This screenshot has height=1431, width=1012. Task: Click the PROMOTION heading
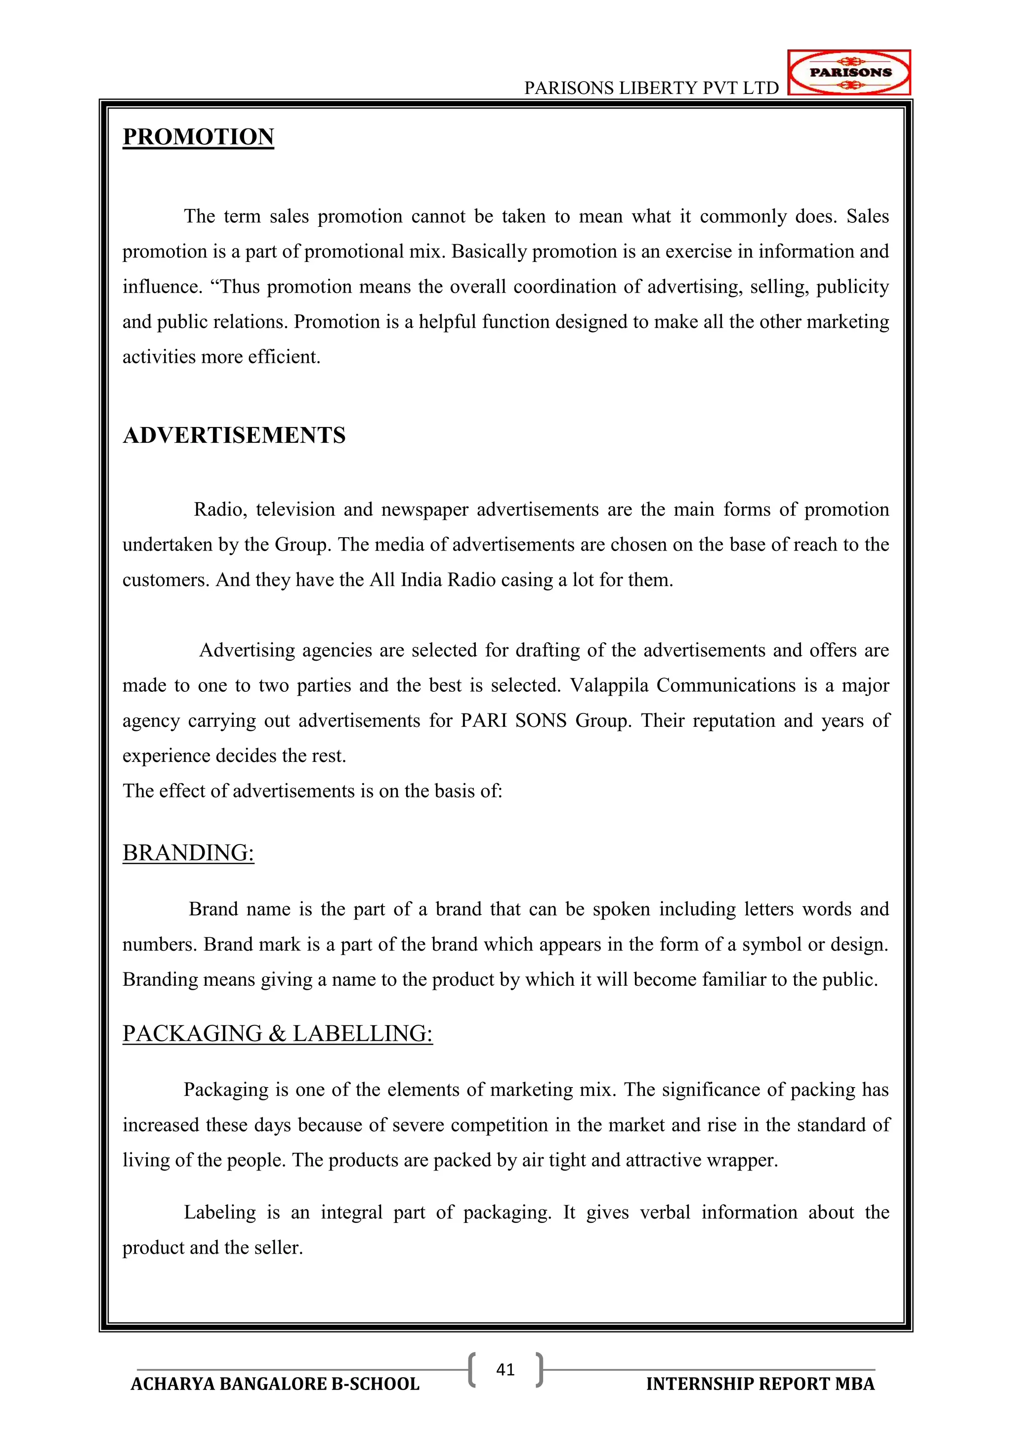(x=198, y=136)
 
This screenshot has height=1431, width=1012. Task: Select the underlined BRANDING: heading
(x=188, y=852)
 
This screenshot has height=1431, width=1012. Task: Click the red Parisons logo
(x=849, y=72)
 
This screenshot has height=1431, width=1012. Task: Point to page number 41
(x=506, y=1369)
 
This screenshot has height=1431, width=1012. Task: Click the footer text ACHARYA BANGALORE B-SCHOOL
(x=275, y=1384)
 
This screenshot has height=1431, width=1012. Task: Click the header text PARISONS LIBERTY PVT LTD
(x=651, y=88)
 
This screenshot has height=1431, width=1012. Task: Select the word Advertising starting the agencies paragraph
(x=247, y=651)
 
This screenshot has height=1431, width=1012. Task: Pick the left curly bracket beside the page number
(x=472, y=1370)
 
